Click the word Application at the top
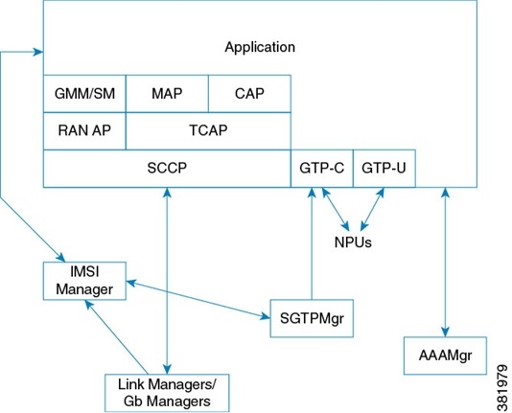pos(259,46)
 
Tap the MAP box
pos(167,94)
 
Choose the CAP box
pos(249,94)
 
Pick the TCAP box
pos(208,130)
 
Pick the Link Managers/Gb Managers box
pos(168,391)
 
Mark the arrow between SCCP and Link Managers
pos(169,278)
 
